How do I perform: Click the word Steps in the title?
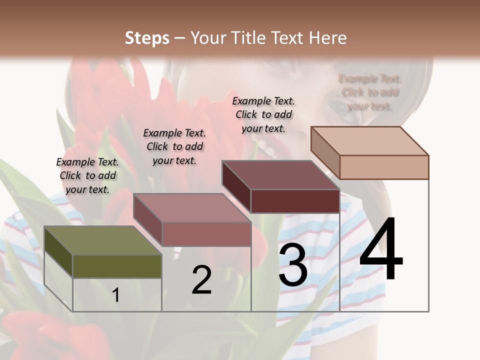(x=146, y=38)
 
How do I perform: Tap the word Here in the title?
(x=327, y=38)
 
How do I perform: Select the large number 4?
(x=381, y=248)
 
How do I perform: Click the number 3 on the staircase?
(x=293, y=265)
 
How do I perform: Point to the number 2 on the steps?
(x=201, y=279)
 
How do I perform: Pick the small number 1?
(x=116, y=295)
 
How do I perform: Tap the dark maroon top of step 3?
(x=280, y=175)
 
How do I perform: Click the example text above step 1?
(x=87, y=175)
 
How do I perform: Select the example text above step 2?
(x=174, y=146)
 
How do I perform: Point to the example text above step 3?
(x=263, y=114)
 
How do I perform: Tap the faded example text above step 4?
(x=370, y=92)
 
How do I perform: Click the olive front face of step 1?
(x=117, y=266)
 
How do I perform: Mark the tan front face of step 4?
(x=384, y=167)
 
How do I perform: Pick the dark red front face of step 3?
(x=295, y=201)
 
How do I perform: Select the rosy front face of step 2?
(x=206, y=234)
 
